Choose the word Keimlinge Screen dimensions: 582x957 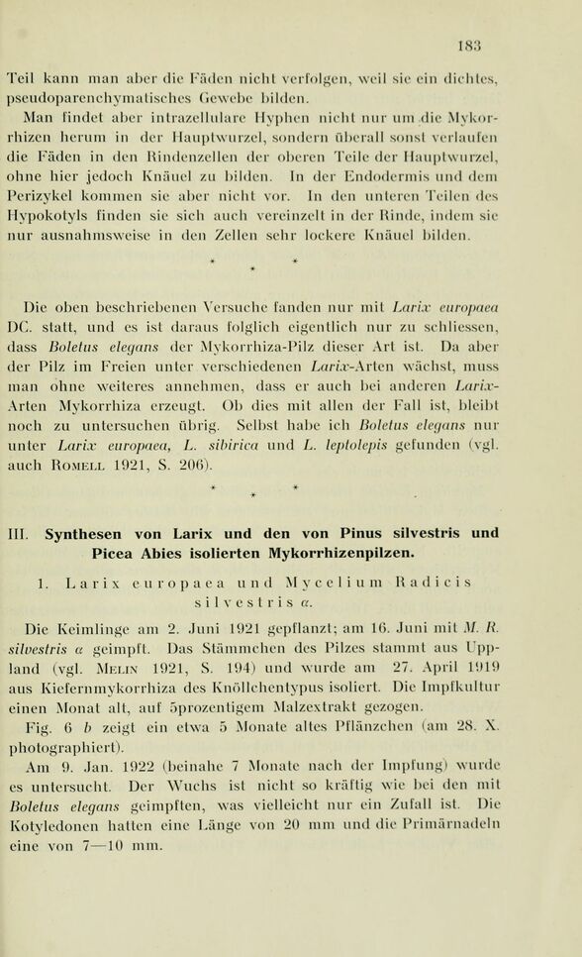(99, 627)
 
